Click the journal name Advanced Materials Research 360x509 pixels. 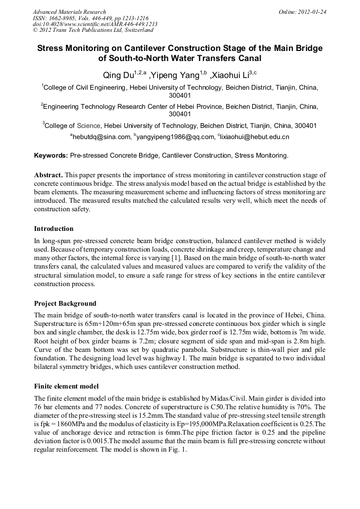[69, 12]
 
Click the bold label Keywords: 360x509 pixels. [51, 156]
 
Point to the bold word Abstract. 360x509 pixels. [49, 175]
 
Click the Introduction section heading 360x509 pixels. [54, 229]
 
